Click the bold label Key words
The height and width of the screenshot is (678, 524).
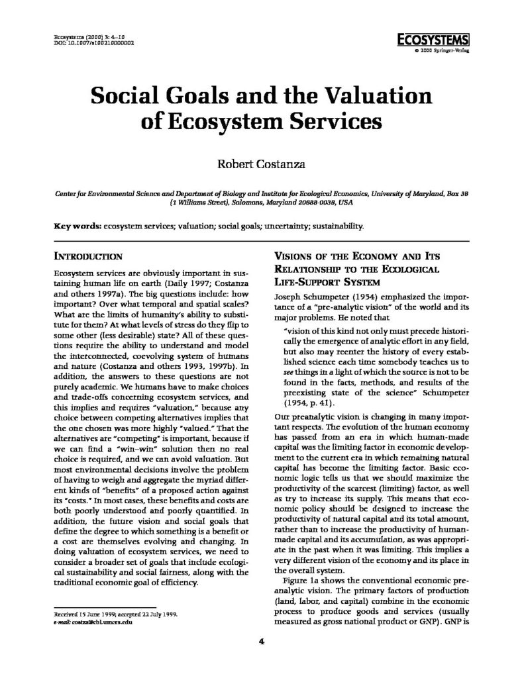click(76, 226)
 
